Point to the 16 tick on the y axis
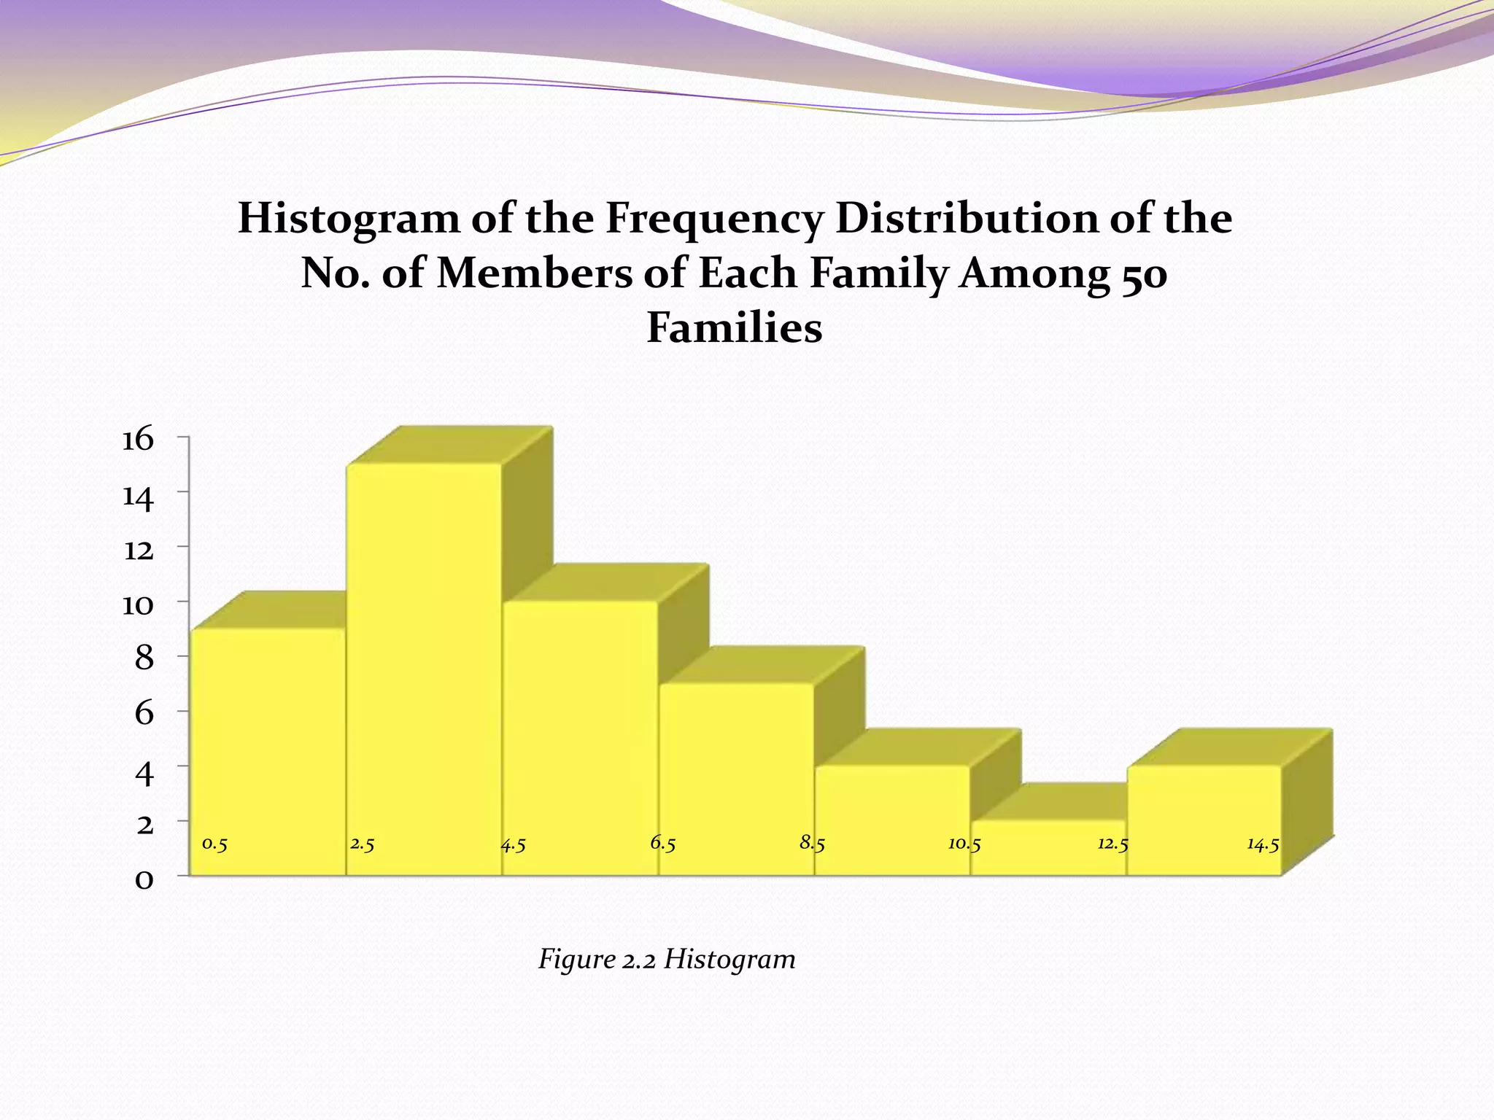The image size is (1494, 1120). (138, 440)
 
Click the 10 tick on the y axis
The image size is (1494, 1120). (138, 604)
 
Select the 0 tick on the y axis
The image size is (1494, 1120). (144, 879)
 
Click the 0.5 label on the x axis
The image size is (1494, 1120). (214, 844)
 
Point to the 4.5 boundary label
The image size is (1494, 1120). (514, 845)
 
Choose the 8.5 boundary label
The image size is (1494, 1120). (812, 844)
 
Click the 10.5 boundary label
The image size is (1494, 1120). (964, 844)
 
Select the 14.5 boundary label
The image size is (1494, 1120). (1263, 844)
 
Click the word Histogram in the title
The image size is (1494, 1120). (349, 219)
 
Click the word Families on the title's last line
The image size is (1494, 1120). (735, 328)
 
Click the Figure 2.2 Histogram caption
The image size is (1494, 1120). (667, 958)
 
